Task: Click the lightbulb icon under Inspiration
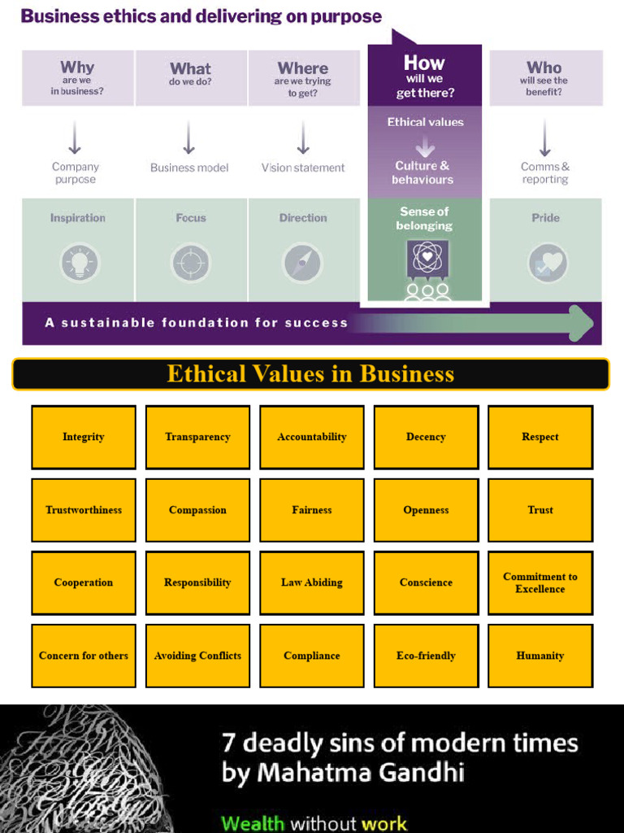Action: (79, 264)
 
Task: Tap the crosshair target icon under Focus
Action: (191, 264)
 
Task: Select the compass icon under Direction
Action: (302, 264)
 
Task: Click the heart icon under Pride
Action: (547, 264)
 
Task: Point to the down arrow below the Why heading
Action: (75, 137)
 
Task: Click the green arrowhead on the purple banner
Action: (581, 323)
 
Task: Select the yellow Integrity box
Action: (84, 437)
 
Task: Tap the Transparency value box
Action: (197, 437)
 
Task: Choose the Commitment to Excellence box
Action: (540, 582)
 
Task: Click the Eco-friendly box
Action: (426, 656)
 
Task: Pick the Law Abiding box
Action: (312, 582)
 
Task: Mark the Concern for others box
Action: (84, 656)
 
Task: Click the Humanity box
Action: (540, 656)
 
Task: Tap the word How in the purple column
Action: (424, 63)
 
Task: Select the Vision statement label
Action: (303, 168)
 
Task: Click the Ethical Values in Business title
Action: (310, 374)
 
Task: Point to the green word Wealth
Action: (253, 823)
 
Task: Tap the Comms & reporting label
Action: (545, 172)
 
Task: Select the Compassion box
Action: (197, 510)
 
